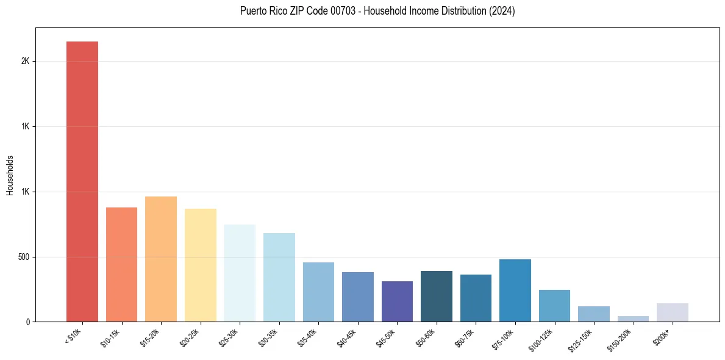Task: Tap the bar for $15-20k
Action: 161,259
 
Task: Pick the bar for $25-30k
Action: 240,273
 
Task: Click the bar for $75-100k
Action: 515,290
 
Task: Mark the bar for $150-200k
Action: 633,319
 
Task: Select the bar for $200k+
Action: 673,312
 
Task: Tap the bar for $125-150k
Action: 594,314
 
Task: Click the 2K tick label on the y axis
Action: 25,62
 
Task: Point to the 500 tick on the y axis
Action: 24,257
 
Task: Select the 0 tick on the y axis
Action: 27,322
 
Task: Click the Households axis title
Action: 10,175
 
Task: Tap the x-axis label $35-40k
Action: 309,337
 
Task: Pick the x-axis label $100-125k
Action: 543,339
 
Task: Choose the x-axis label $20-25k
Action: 190,337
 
